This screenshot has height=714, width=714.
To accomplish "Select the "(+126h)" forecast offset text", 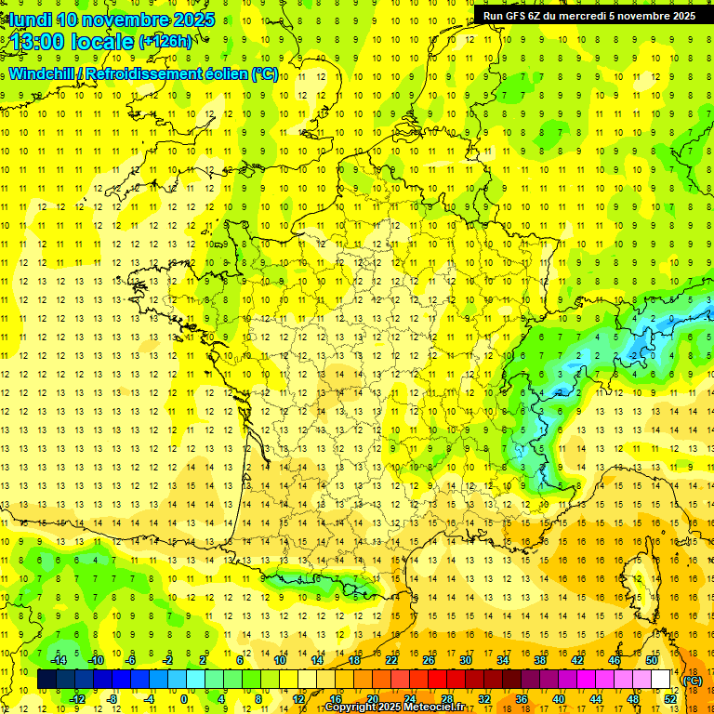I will point(165,42).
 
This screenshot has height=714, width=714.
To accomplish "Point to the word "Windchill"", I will point(42,74).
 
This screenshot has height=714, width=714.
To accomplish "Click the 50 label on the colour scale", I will point(651,660).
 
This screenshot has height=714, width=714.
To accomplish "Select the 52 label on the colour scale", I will point(670,699).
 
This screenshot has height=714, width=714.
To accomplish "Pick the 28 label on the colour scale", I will point(447,699).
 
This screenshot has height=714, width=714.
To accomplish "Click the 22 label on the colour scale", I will point(391,660).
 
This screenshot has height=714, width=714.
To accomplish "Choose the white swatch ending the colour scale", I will point(660,680).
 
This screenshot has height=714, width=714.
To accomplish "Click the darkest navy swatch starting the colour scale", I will point(46,680).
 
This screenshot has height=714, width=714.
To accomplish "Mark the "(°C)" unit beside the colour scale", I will point(693,680).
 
